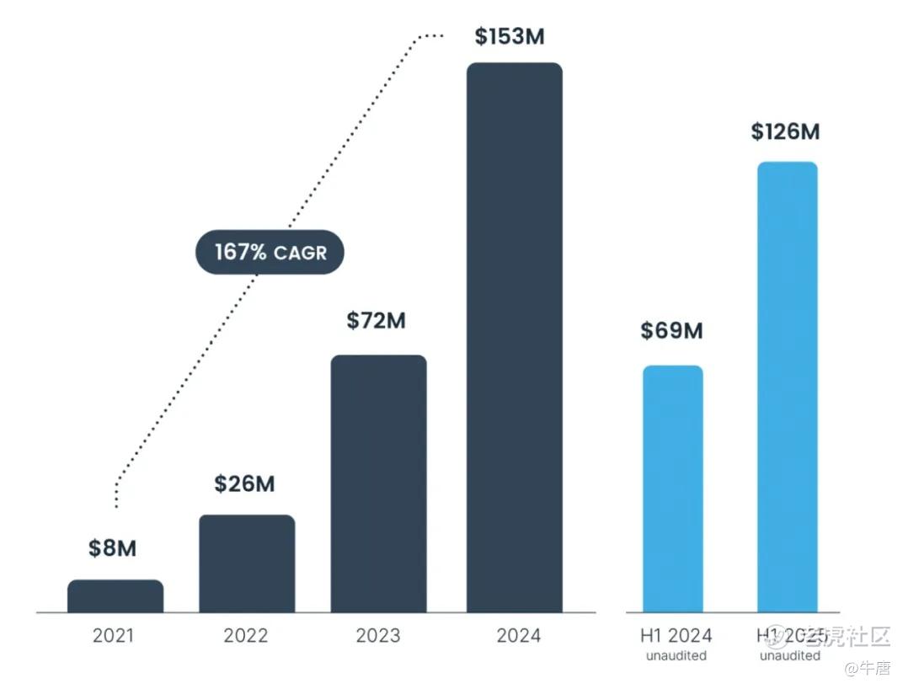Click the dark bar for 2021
[115, 596]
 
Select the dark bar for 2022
[247, 563]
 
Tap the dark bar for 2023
[378, 483]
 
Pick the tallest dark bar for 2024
[514, 337]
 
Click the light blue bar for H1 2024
[672, 489]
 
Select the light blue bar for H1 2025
[787, 387]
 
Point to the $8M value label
[112, 548]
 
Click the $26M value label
[244, 483]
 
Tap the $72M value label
[376, 321]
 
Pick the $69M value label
[671, 331]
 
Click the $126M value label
[785, 131]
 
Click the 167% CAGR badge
[270, 252]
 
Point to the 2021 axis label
[114, 635]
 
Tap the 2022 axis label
[245, 635]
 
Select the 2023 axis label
[377, 635]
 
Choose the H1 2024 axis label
[676, 635]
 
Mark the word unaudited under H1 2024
[676, 655]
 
